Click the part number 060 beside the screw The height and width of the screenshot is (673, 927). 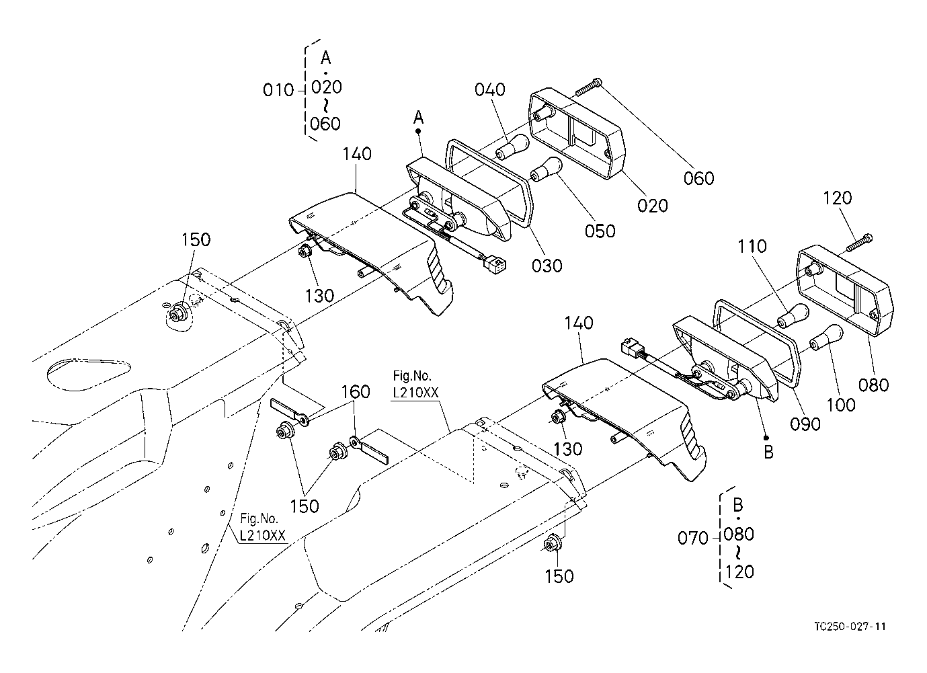pos(699,178)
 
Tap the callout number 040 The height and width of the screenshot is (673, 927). pos(491,89)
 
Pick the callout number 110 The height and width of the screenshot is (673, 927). pos(752,247)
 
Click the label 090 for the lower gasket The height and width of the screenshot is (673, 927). pos(805,424)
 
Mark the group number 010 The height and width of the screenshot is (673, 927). pos(278,90)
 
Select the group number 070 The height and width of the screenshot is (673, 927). pos(693,538)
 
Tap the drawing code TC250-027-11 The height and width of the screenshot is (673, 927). pos(850,627)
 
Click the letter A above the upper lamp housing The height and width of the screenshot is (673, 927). pos(418,117)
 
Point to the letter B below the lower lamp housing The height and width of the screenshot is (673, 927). pos(768,452)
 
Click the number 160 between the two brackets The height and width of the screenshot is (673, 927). pos(356,391)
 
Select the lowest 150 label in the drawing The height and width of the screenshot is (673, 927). pos(559,576)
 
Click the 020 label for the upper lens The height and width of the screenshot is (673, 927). pos(653,205)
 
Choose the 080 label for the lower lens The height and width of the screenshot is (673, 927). pos(874,385)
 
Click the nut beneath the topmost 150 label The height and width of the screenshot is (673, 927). pos(179,314)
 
